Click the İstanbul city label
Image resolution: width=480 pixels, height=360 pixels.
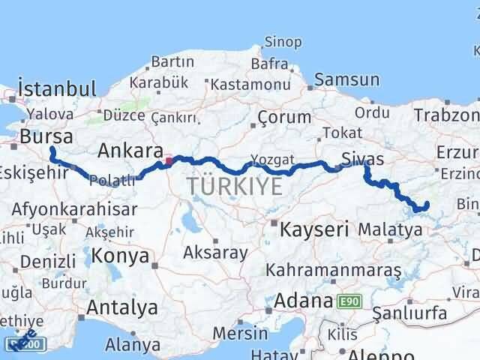(x=57, y=88)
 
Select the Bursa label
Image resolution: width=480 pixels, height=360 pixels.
(x=46, y=136)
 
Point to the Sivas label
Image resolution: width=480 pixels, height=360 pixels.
(x=362, y=159)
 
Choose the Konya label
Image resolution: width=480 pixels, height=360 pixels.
(x=120, y=256)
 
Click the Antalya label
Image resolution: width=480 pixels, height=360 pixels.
(x=122, y=307)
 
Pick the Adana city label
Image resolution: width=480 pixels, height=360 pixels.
(x=303, y=301)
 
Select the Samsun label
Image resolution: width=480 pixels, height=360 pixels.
(x=347, y=79)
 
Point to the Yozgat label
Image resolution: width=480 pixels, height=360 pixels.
(x=272, y=160)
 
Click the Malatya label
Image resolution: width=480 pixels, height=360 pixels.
(x=390, y=229)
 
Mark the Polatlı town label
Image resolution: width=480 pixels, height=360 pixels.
(x=112, y=181)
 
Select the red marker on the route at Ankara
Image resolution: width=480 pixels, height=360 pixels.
(x=169, y=159)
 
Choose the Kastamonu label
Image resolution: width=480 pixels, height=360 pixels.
(x=250, y=85)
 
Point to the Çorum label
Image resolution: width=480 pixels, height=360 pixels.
(x=284, y=117)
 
